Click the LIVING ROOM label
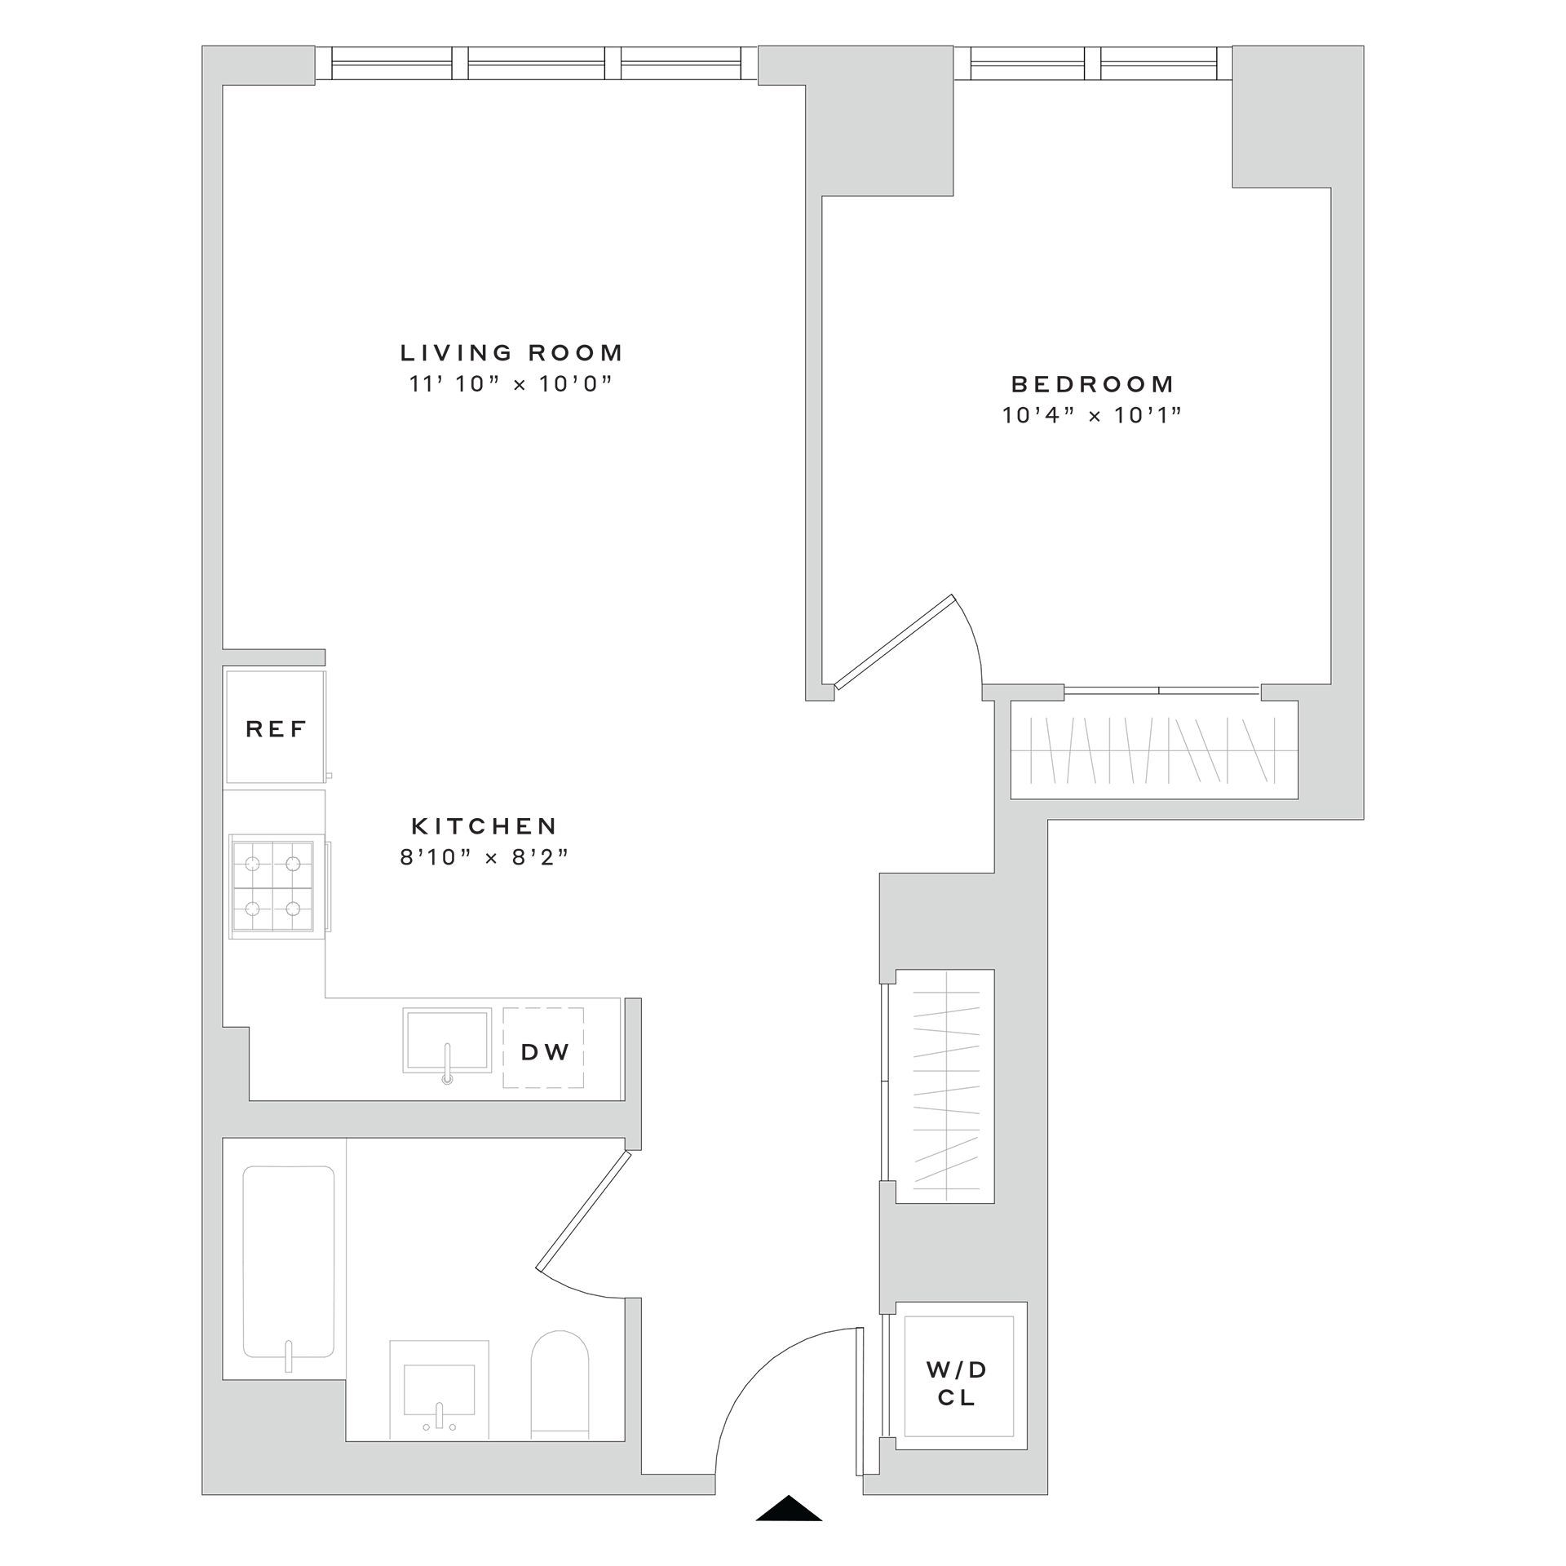511,353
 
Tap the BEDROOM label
1092,384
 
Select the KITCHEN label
484,826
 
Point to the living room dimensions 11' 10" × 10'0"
511,384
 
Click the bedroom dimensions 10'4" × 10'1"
1092,416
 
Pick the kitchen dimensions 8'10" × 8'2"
484,857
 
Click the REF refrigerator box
276,728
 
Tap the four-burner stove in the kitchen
272,886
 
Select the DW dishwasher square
544,1052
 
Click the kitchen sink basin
447,1040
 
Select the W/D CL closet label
957,1384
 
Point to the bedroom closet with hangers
1153,750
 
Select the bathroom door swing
584,1224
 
